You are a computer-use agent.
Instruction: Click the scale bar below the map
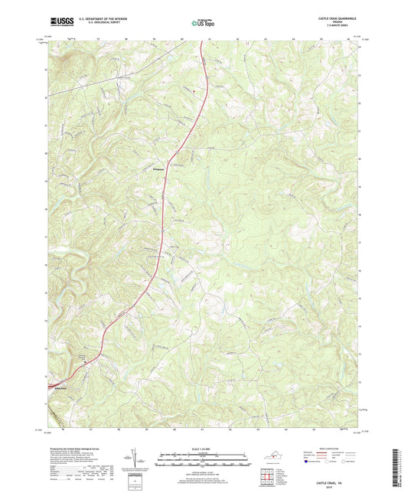(203, 462)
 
